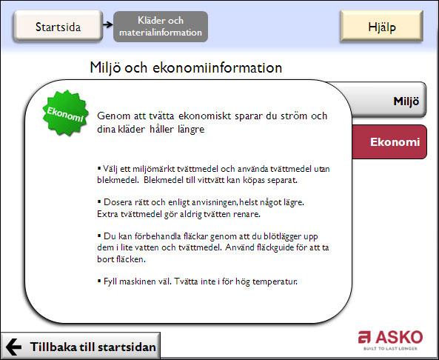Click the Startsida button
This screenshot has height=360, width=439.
click(58, 27)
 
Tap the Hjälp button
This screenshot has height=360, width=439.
click(381, 27)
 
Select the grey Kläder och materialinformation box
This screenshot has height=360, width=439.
click(161, 27)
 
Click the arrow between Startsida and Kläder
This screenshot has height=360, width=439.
click(107, 24)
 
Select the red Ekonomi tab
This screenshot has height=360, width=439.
click(389, 141)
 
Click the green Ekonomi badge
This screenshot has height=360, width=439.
click(65, 113)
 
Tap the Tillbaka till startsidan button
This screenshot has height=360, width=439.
click(81, 346)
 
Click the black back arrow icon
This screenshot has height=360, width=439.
click(13, 347)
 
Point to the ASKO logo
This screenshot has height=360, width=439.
click(390, 340)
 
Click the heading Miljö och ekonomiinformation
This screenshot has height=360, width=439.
click(186, 68)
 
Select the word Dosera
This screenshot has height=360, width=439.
click(116, 202)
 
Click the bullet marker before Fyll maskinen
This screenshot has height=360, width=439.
click(99, 281)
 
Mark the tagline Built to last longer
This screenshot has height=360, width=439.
click(390, 348)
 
